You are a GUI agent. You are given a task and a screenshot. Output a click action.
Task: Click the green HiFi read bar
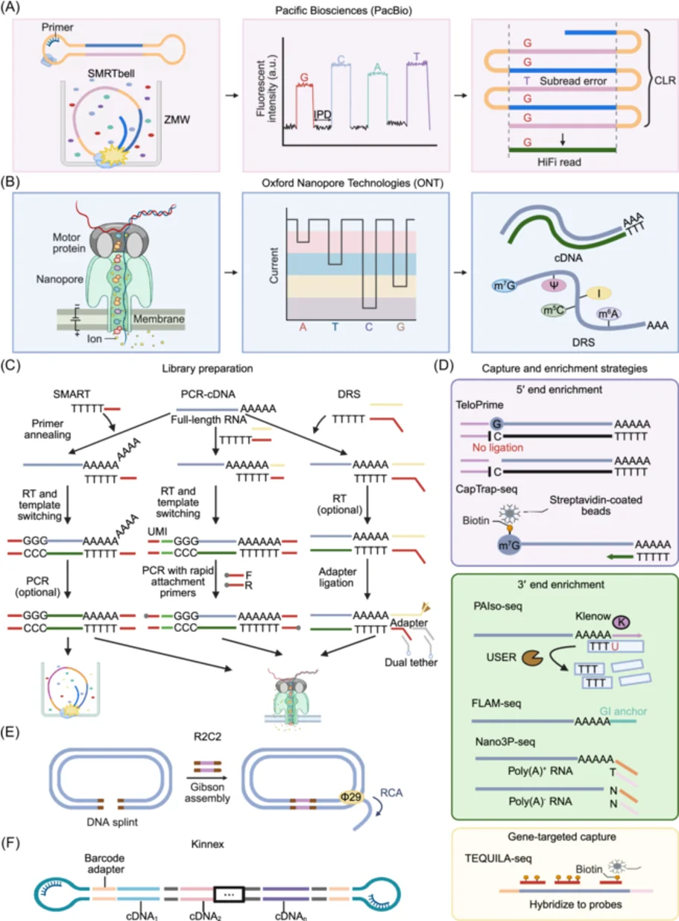click(562, 150)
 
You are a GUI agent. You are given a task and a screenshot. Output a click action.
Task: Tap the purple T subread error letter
click(527, 81)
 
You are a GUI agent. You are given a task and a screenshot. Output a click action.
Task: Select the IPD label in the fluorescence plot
click(323, 115)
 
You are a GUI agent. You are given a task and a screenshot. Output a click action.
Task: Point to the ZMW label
click(177, 120)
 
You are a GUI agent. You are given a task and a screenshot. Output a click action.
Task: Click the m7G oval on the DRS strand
click(504, 285)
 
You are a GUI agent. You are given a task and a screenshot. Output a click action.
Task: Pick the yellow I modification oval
click(599, 293)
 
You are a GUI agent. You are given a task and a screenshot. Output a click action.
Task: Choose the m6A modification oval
click(609, 314)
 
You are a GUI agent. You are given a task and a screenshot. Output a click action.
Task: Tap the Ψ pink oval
click(554, 285)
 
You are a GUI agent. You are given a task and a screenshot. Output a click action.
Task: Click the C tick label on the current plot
click(368, 327)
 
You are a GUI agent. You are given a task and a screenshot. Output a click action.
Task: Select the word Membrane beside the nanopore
click(159, 319)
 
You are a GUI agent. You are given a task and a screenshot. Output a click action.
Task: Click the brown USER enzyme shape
click(533, 657)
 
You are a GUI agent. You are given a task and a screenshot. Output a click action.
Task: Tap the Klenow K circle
click(622, 622)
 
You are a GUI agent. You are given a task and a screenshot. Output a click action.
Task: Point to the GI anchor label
click(623, 711)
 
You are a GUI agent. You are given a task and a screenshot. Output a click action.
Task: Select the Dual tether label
click(411, 662)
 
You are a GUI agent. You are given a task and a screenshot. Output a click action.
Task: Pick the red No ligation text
click(498, 447)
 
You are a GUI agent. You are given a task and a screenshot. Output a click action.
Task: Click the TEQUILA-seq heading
click(498, 858)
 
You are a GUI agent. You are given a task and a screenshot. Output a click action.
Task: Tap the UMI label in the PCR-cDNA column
click(157, 531)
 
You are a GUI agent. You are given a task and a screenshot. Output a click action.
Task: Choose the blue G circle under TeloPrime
click(496, 423)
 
